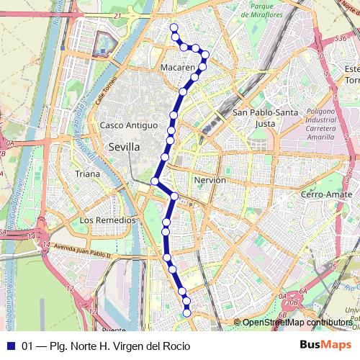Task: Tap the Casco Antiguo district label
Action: point(129,125)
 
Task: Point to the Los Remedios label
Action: point(107,220)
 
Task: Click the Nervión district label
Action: point(210,180)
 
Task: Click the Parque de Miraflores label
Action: point(264,9)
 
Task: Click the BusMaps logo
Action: point(325,346)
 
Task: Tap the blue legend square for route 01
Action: point(10,346)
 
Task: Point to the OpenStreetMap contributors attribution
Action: point(297,323)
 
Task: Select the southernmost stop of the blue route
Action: point(187,312)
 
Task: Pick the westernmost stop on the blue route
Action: point(155,181)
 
